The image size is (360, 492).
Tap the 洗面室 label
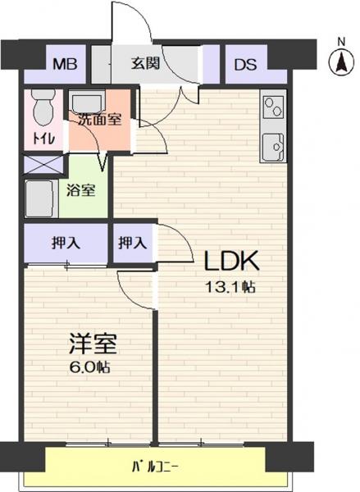tap(99, 120)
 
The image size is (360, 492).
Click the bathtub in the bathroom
tap(40, 198)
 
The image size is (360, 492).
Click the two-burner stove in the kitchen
tap(273, 107)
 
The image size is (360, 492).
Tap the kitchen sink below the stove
tap(273, 147)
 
